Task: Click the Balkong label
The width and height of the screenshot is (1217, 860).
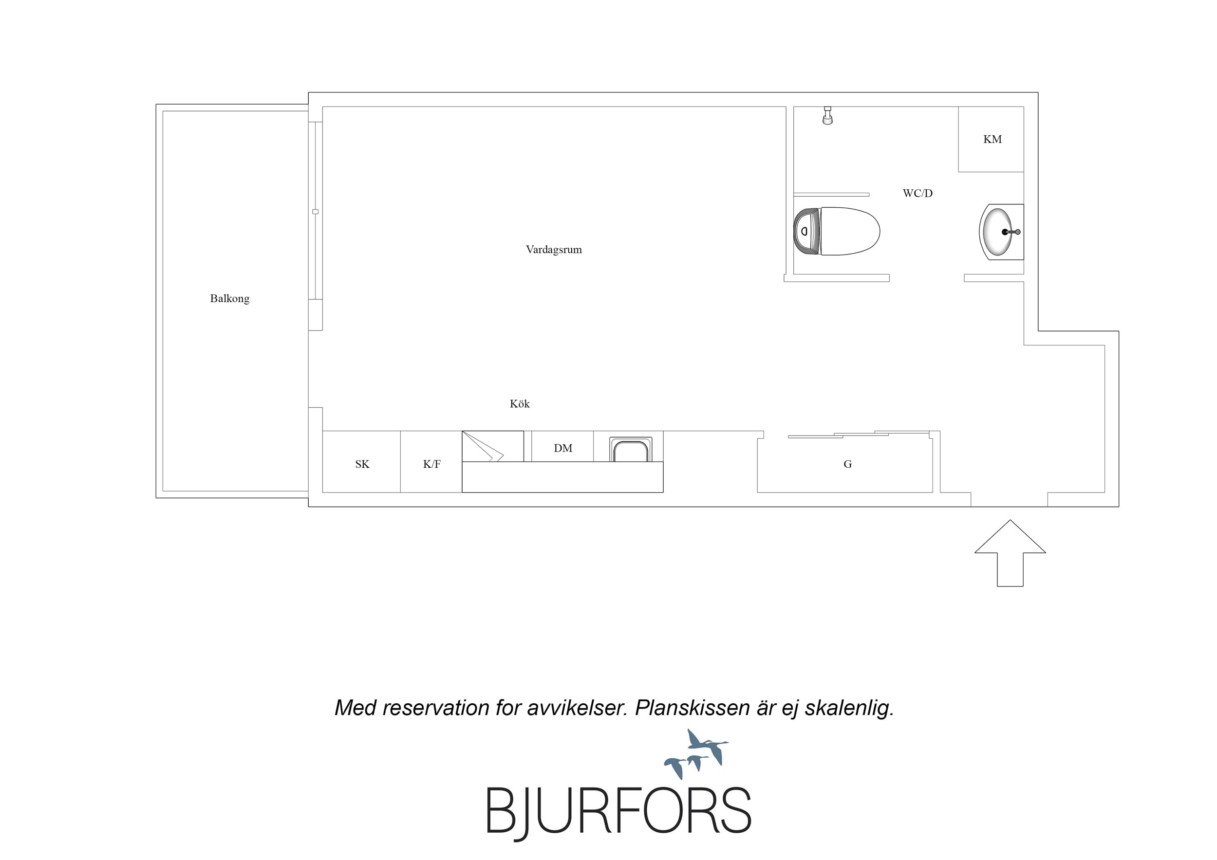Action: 229,299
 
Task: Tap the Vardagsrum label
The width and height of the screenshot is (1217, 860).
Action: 553,250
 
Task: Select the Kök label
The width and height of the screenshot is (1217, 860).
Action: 520,404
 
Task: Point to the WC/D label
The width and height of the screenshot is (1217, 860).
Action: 917,193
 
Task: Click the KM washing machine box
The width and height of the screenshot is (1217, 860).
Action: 991,139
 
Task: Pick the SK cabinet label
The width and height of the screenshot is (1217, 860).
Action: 362,464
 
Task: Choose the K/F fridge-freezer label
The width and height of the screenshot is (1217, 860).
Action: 431,464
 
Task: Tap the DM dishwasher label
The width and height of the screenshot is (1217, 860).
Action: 563,448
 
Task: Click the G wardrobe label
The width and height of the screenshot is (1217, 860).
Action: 847,464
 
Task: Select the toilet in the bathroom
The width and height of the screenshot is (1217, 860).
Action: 837,232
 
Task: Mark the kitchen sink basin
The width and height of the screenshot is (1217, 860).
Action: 630,450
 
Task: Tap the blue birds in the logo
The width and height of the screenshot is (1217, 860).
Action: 696,753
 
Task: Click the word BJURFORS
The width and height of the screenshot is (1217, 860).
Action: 618,812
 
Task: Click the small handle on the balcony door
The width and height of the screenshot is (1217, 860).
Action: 316,212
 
